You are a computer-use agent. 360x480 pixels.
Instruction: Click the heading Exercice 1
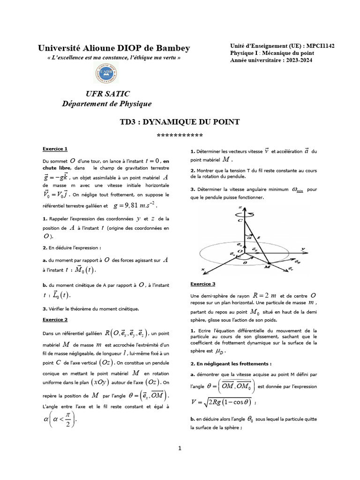55,149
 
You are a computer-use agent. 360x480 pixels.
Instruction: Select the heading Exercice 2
55,319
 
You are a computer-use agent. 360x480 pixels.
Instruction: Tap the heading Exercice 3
203,284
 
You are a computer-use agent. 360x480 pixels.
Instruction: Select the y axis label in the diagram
304,248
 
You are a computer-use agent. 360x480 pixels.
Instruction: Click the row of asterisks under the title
180,136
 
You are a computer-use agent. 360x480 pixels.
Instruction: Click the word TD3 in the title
130,122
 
